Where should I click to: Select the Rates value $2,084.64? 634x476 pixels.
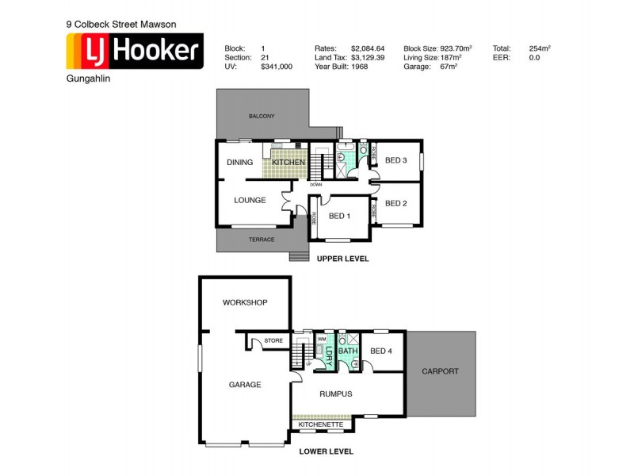(368, 48)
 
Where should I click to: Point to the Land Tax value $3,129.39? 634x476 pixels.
(368, 58)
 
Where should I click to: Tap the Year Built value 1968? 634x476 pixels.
(360, 67)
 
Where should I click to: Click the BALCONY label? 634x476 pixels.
(262, 117)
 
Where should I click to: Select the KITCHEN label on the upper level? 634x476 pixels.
(288, 163)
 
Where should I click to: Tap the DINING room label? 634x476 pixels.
(239, 163)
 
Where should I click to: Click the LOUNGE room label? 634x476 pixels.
(250, 200)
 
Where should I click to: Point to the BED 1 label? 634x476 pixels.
(341, 217)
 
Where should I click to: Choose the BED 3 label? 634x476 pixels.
(395, 161)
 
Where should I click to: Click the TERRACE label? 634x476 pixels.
(262, 240)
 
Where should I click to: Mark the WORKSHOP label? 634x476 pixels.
(245, 303)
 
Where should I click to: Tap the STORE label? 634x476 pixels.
(273, 341)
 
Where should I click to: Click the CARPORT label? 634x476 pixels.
(440, 371)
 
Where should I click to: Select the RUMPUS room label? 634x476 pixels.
(336, 393)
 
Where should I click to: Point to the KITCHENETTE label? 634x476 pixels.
(321, 424)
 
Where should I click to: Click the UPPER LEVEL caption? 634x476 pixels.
(342, 259)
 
